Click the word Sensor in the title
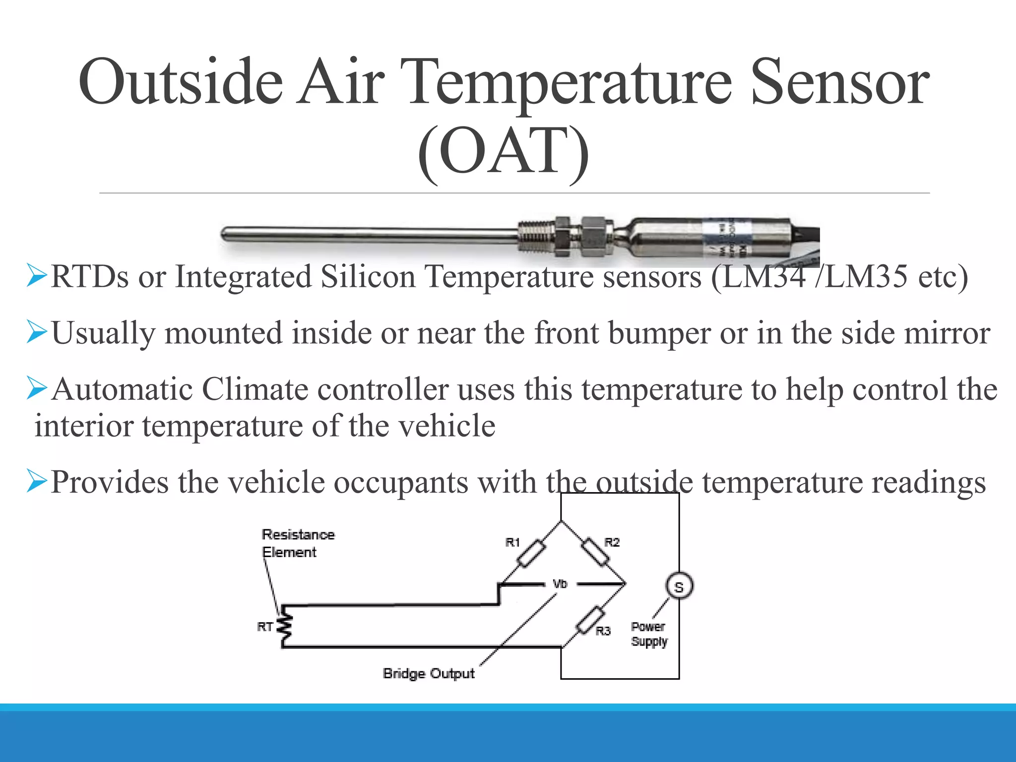coord(839,82)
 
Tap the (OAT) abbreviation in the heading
coord(503,151)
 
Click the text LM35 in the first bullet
coord(866,277)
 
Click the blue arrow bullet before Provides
coord(37,481)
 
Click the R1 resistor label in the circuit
coord(512,542)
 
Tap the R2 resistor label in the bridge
coord(612,542)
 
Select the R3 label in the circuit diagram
coord(603,631)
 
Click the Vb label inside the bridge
coord(560,584)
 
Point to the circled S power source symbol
coord(679,587)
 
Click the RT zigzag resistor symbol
coord(285,626)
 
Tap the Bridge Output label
coord(429,673)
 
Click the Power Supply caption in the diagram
coord(649,634)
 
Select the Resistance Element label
coord(298,543)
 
